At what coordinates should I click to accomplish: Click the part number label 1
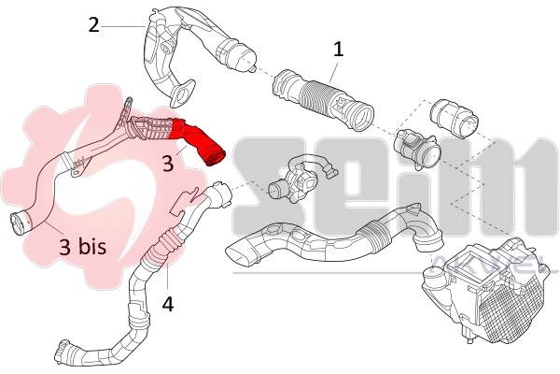(x=339, y=49)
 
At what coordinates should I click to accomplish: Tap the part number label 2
(x=93, y=24)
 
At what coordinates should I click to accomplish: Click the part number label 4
(x=167, y=304)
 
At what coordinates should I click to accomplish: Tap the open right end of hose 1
(x=364, y=117)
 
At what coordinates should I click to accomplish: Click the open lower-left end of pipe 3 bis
(x=19, y=223)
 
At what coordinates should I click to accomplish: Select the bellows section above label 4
(x=166, y=248)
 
